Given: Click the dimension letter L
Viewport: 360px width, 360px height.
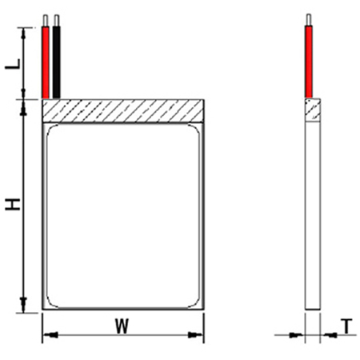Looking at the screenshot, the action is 13,64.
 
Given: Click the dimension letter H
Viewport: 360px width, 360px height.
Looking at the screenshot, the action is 13,204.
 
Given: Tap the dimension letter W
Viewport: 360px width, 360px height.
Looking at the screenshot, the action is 122,326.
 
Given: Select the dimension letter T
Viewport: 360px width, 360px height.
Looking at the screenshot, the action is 346,326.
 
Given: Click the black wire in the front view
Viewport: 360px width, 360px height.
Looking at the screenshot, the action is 57,62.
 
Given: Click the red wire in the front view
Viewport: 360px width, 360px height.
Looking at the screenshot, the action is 46,62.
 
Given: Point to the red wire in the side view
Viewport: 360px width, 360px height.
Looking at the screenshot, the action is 309,62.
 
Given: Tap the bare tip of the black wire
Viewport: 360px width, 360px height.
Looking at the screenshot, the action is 57,21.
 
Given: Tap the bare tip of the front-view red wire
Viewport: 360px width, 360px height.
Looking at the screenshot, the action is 46,21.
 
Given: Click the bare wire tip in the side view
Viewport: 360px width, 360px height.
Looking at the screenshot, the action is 309,20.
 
